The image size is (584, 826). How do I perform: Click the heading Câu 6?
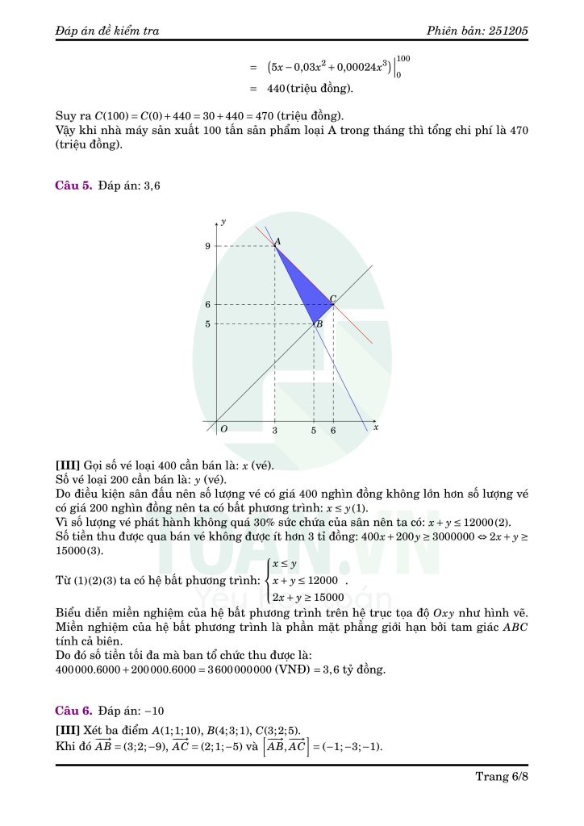[x=73, y=711]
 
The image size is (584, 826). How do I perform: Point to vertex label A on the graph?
[x=277, y=241]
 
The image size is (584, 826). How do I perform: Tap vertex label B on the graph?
[x=319, y=324]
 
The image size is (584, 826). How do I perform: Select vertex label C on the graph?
[x=333, y=298]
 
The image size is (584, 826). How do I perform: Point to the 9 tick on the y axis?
[x=207, y=246]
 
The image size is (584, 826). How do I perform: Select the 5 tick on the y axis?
[x=207, y=324]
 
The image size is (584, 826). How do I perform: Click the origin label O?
[x=223, y=429]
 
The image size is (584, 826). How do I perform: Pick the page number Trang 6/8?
[x=502, y=777]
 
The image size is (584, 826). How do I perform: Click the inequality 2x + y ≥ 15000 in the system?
[x=308, y=598]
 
